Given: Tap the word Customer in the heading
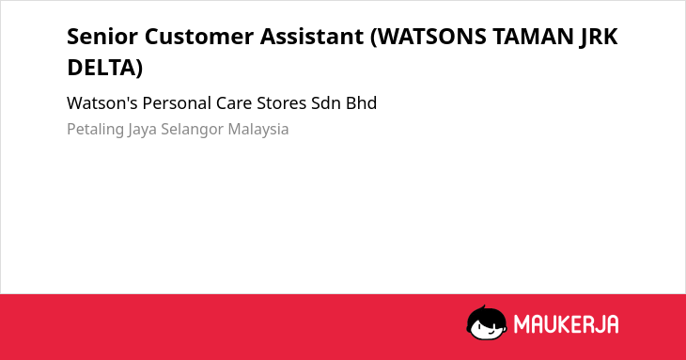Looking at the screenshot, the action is [x=199, y=37].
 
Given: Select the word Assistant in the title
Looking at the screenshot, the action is [x=312, y=37].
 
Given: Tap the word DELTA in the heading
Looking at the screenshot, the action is [x=101, y=68].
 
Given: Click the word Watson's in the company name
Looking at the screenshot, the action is [x=101, y=103].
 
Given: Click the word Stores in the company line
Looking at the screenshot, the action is [x=281, y=103].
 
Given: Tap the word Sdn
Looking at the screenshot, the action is [x=325, y=103].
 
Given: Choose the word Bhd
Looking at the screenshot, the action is [x=362, y=103].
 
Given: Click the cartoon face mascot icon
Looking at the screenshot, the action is [x=487, y=322].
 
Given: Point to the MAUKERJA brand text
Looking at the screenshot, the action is [x=566, y=324].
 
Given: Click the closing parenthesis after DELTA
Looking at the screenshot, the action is [x=140, y=68].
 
